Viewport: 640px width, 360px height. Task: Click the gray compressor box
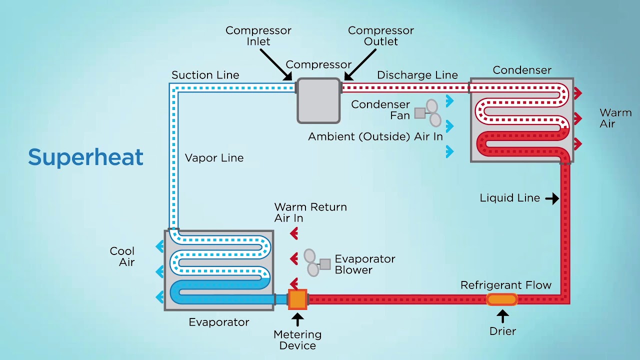click(x=318, y=100)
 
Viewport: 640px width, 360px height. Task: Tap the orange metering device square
click(x=297, y=299)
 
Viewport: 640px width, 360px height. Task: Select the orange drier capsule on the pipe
click(x=502, y=299)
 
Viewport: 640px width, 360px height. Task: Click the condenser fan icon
click(x=429, y=113)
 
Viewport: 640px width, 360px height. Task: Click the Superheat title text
click(x=85, y=157)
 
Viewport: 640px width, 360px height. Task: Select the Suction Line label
click(x=205, y=75)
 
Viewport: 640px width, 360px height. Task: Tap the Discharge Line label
click(x=417, y=75)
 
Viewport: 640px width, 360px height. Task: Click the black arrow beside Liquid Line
click(x=552, y=198)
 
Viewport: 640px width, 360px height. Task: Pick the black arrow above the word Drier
click(x=502, y=316)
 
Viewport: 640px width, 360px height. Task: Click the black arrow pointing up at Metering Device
click(x=297, y=319)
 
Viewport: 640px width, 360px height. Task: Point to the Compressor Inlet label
click(x=258, y=36)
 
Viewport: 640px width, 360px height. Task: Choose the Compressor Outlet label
click(x=380, y=36)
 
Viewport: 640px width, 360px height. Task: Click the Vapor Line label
click(x=214, y=158)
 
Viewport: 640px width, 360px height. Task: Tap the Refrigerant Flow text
click(x=505, y=285)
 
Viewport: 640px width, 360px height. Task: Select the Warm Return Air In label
click(x=310, y=212)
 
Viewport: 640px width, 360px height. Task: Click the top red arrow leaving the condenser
click(x=578, y=93)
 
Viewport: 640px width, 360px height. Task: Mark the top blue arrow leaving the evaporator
click(x=159, y=246)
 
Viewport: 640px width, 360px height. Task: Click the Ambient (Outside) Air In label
click(x=375, y=136)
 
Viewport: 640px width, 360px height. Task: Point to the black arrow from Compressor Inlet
click(x=275, y=64)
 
